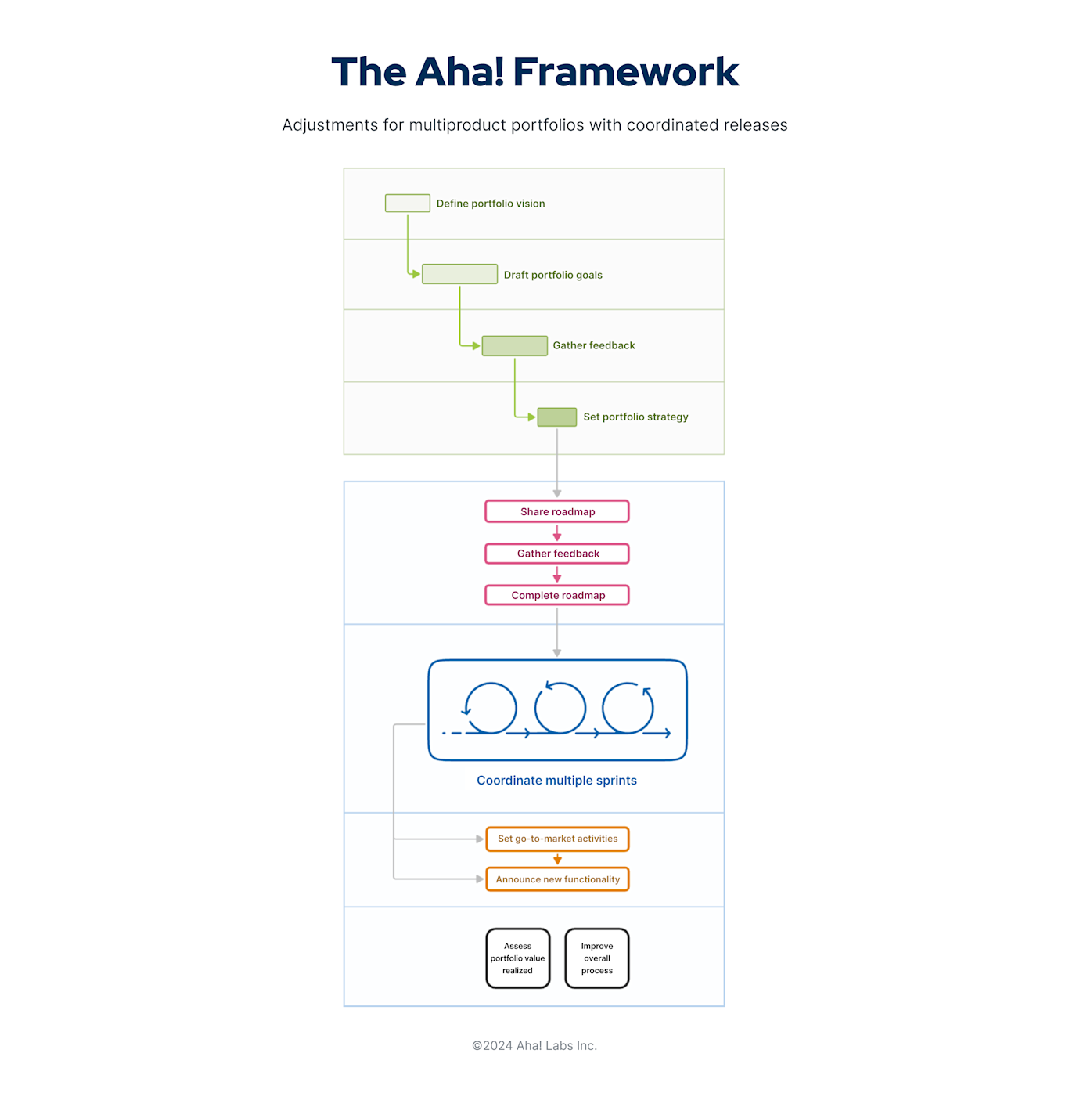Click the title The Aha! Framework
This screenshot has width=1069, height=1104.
pyautogui.click(x=534, y=72)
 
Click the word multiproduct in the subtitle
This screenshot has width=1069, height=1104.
pyautogui.click(x=458, y=125)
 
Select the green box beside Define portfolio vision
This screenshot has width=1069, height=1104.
pyautogui.click(x=407, y=204)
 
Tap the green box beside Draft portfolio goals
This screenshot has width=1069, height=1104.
pyautogui.click(x=459, y=274)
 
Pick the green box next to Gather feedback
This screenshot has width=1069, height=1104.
pyautogui.click(x=514, y=345)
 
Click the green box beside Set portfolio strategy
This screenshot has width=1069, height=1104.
pyautogui.click(x=556, y=417)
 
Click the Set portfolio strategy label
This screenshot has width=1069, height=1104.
pyautogui.click(x=635, y=417)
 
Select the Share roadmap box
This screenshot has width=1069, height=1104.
pyautogui.click(x=557, y=511)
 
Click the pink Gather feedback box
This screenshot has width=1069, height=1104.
pyautogui.click(x=557, y=554)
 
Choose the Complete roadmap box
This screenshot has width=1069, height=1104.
pyautogui.click(x=557, y=595)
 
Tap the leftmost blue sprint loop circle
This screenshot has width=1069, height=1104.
pyautogui.click(x=491, y=708)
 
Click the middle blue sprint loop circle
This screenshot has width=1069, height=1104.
pyautogui.click(x=560, y=708)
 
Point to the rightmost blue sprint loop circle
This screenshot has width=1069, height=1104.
pyautogui.click(x=628, y=708)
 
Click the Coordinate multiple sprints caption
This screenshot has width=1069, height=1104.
pyautogui.click(x=556, y=781)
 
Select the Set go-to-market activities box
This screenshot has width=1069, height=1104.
pyautogui.click(x=557, y=839)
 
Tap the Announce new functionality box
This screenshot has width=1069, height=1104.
pyautogui.click(x=557, y=879)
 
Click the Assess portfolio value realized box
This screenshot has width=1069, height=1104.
pyautogui.click(x=517, y=958)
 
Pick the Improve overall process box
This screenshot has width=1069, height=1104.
pyautogui.click(x=597, y=958)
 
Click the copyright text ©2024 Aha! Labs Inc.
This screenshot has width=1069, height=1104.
pyautogui.click(x=534, y=1046)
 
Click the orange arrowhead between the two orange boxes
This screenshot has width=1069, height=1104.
pyautogui.click(x=557, y=860)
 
